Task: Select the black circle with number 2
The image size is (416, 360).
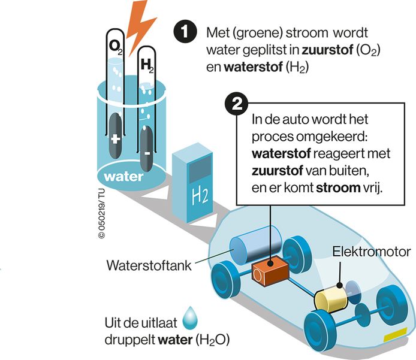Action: (x=237, y=104)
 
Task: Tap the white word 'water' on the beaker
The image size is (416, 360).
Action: (x=123, y=177)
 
